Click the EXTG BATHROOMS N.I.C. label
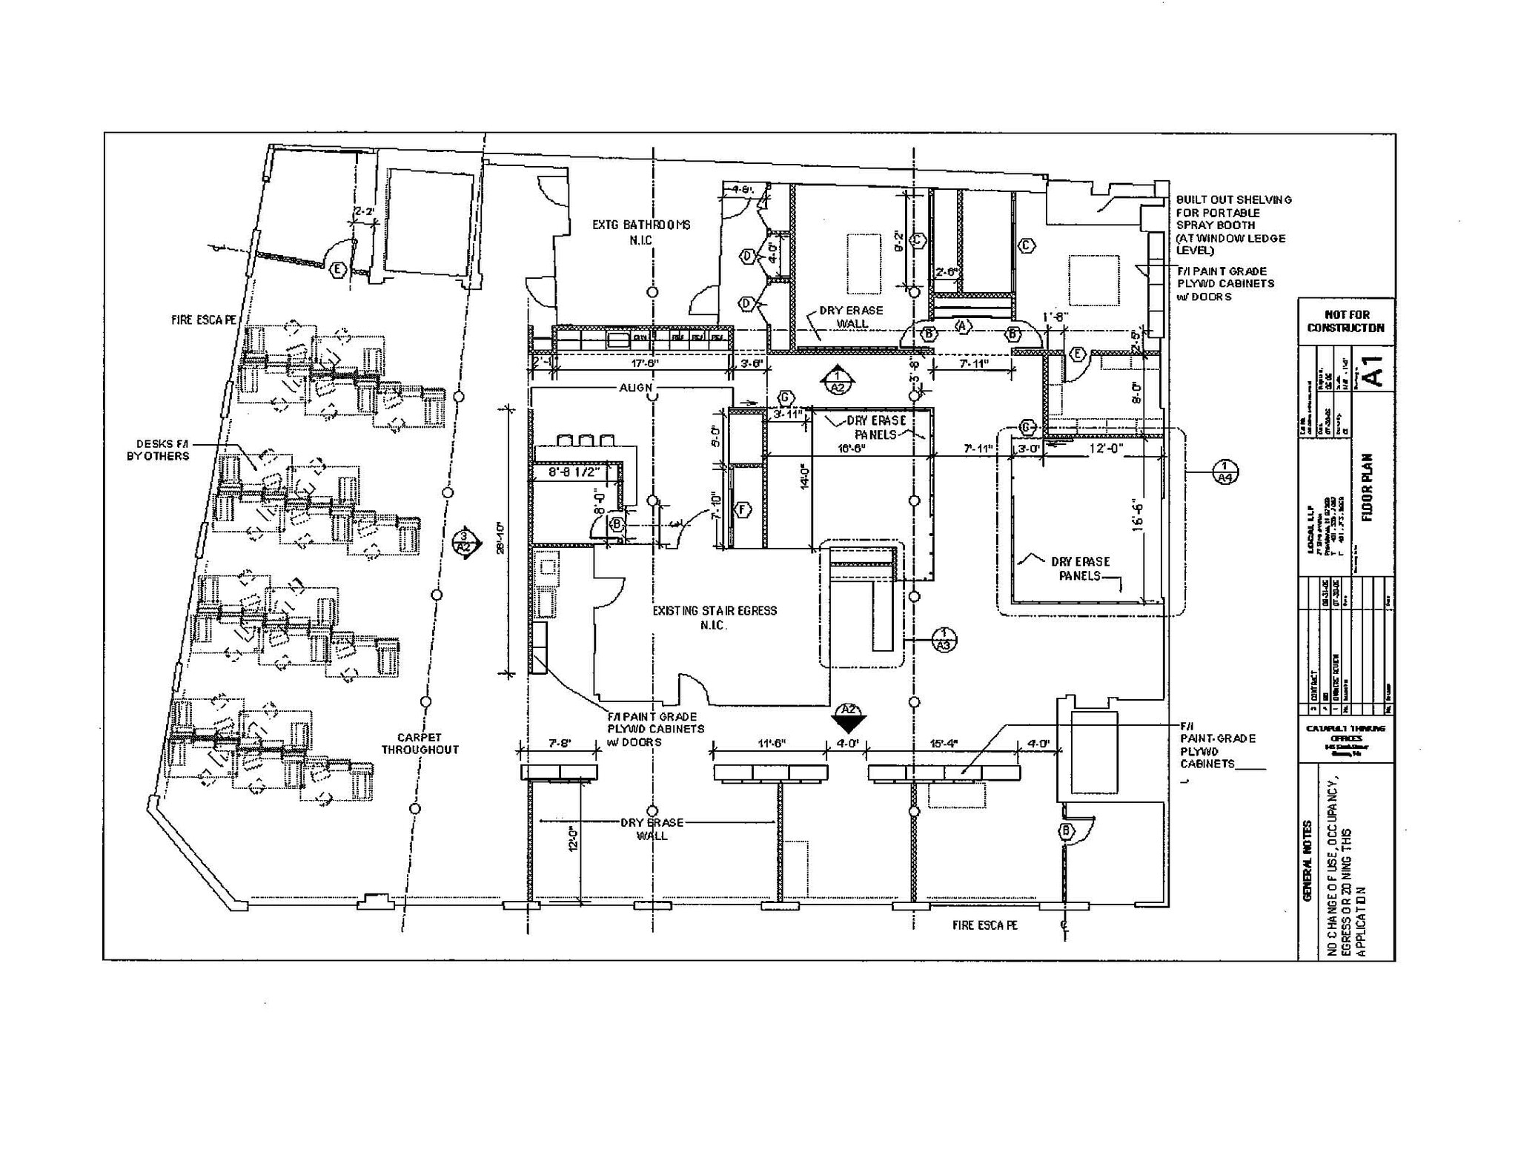pyautogui.click(x=641, y=231)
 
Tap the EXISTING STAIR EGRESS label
pyautogui.click(x=715, y=617)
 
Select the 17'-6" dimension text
pyautogui.click(x=645, y=364)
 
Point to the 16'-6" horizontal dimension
pyautogui.click(x=852, y=449)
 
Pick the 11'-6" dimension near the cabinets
pyautogui.click(x=771, y=743)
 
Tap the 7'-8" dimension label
pyautogui.click(x=560, y=743)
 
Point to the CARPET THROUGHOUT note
pyautogui.click(x=420, y=743)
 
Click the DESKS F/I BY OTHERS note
pyautogui.click(x=158, y=450)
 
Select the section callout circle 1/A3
pyautogui.click(x=944, y=639)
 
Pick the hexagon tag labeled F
pyautogui.click(x=742, y=509)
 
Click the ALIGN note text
pyautogui.click(x=636, y=388)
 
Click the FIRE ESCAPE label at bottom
pyautogui.click(x=984, y=925)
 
